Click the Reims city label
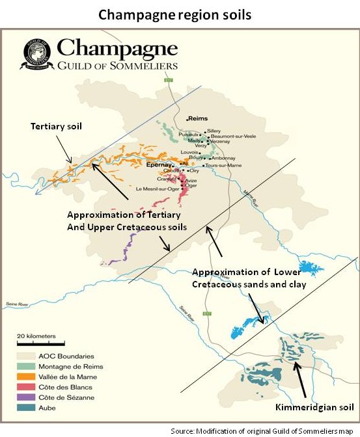coord(197,119)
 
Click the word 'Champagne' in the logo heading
coord(117,47)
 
